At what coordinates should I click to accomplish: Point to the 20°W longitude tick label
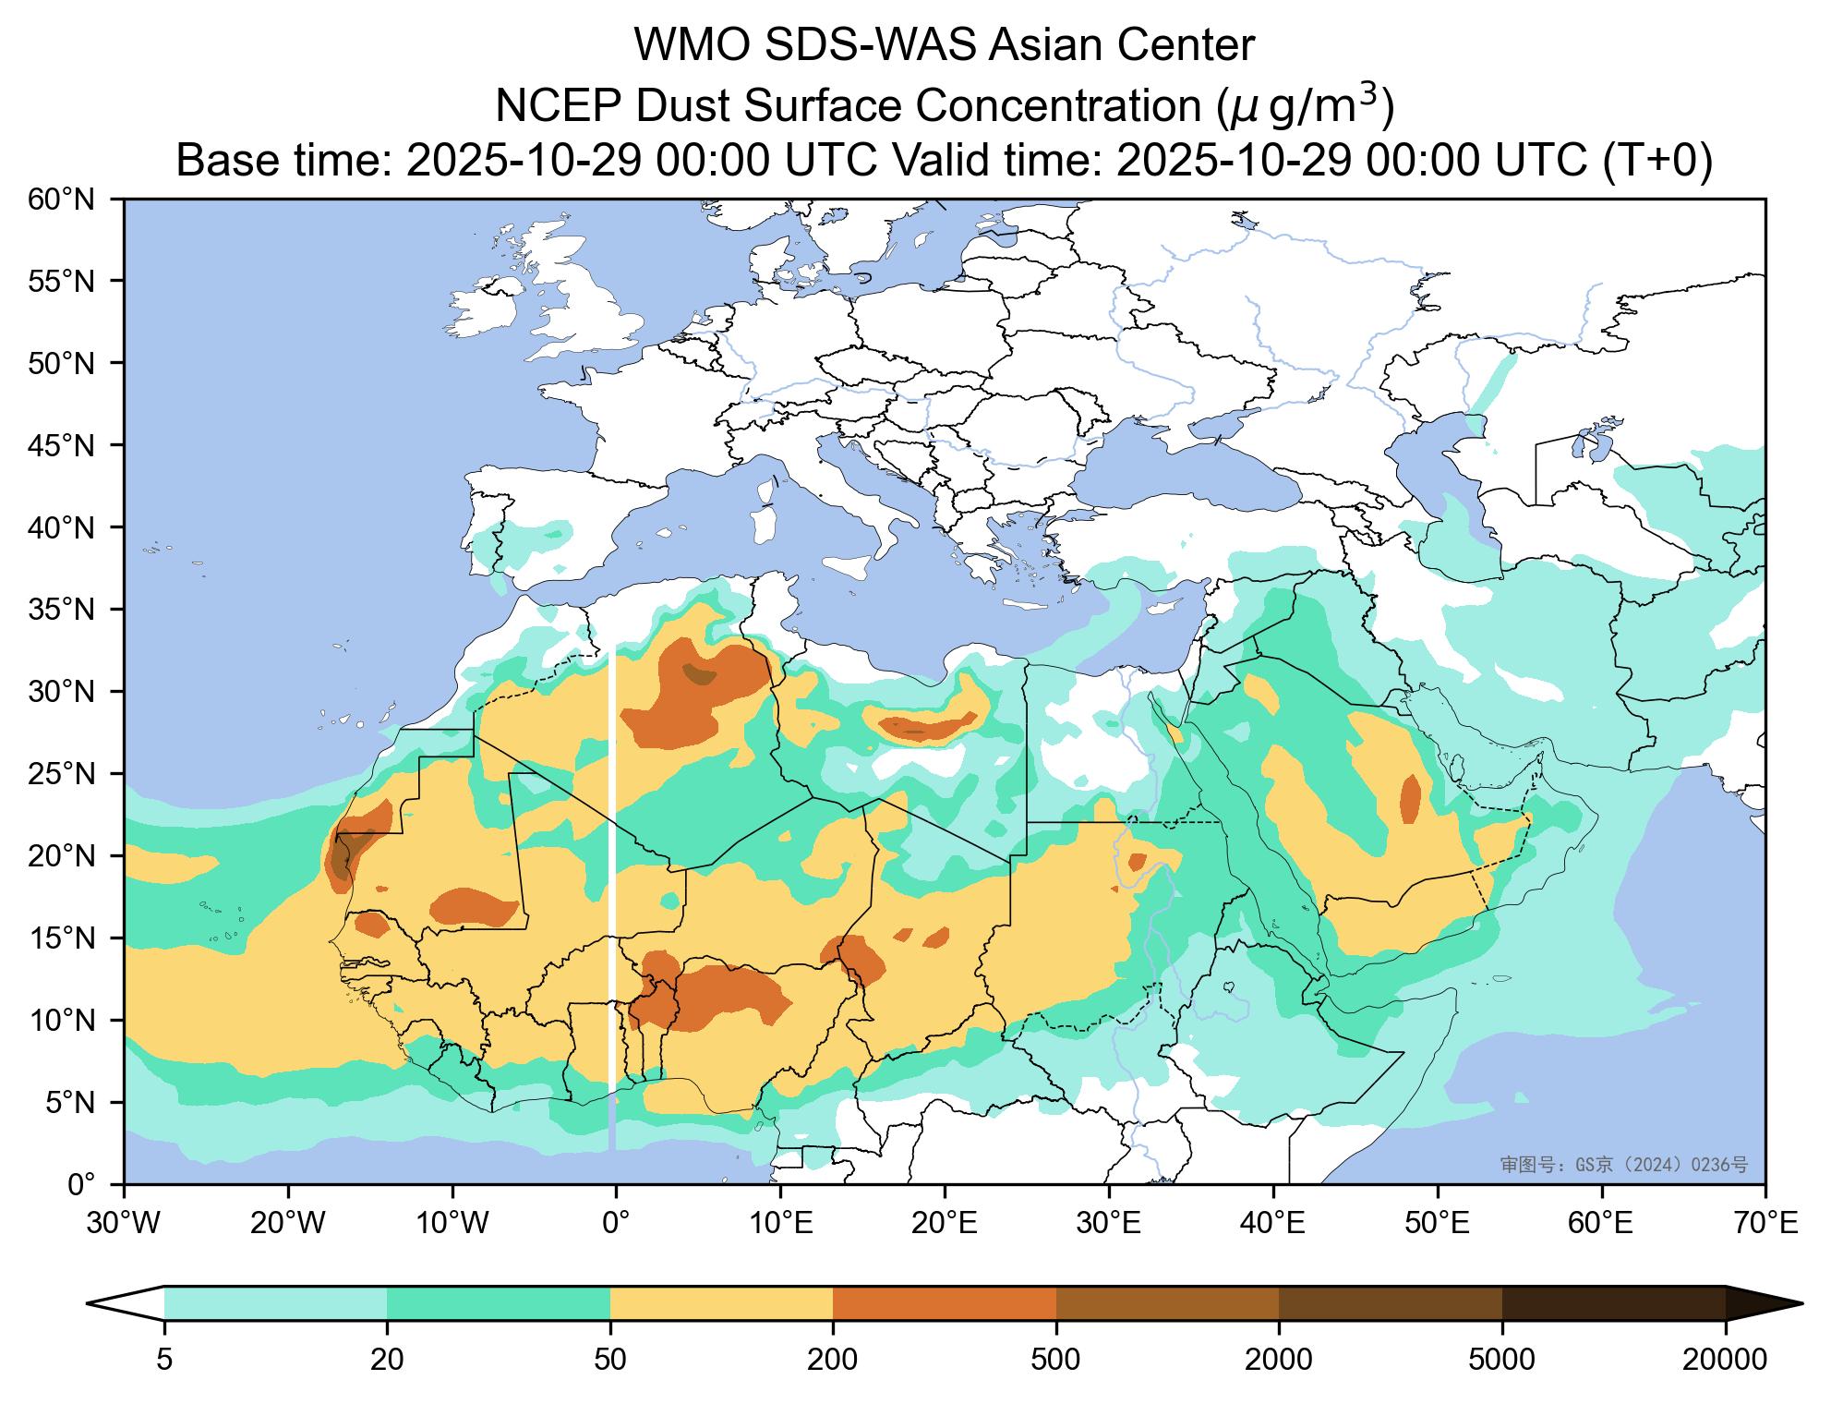tap(287, 1225)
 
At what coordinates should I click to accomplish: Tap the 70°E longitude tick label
tap(1765, 1225)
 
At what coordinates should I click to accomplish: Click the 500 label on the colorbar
tap(1055, 1359)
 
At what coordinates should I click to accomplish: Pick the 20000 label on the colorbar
tap(1725, 1359)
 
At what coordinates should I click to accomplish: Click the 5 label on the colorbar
tap(164, 1359)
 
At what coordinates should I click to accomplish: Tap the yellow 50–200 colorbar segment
tap(721, 1303)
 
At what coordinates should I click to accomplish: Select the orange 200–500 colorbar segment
tap(944, 1303)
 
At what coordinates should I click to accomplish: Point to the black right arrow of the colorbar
tap(1759, 1303)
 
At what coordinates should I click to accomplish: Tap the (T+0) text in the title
tap(1656, 161)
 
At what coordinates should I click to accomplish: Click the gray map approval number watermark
tap(1623, 1165)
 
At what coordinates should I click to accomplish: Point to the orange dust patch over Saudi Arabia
tap(1410, 799)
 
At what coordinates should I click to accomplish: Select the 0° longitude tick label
tap(616, 1225)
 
